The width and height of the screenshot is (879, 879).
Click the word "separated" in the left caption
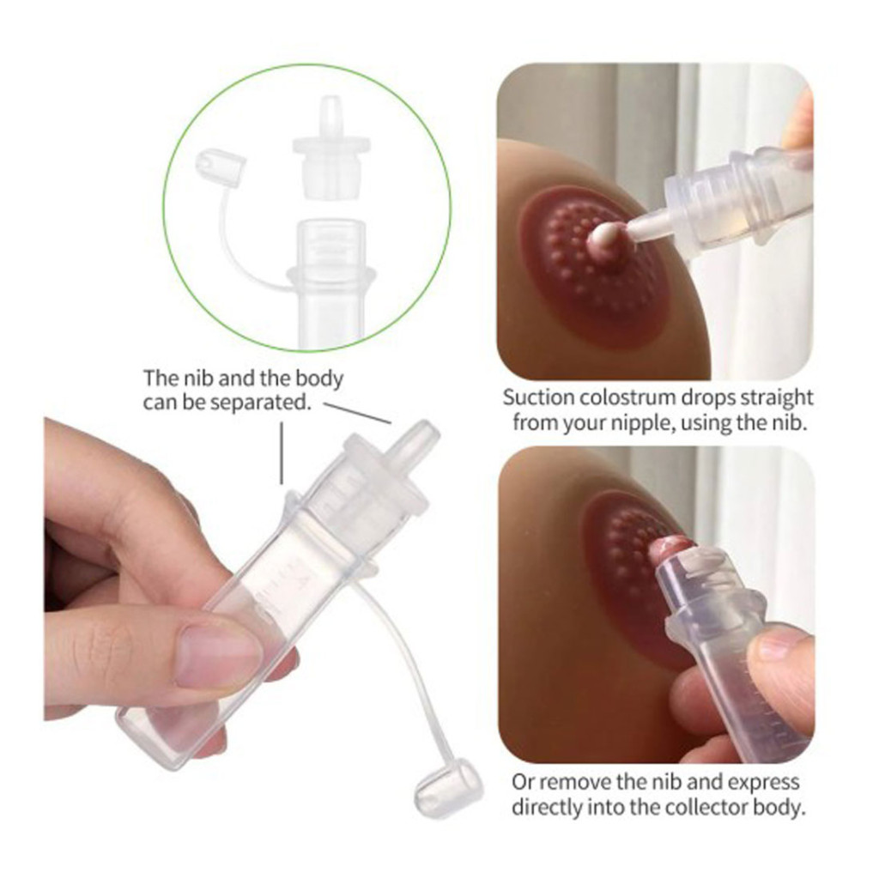click(x=258, y=403)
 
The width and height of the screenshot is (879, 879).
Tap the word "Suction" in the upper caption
click(x=539, y=397)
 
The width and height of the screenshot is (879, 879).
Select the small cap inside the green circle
click(x=221, y=163)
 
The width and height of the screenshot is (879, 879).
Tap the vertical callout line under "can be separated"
click(x=282, y=453)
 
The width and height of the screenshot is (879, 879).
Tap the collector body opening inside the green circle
click(x=330, y=230)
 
